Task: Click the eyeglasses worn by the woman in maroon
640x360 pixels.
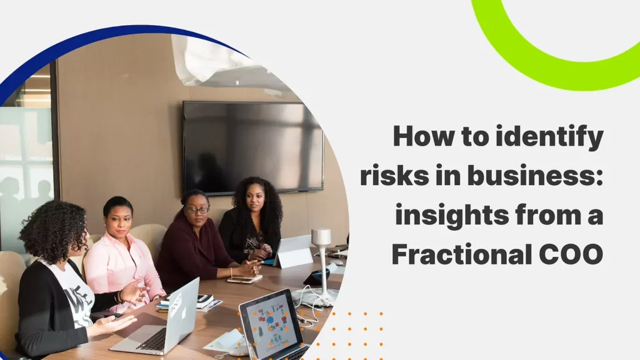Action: point(197,210)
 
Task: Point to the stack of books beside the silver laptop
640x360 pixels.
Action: point(206,302)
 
